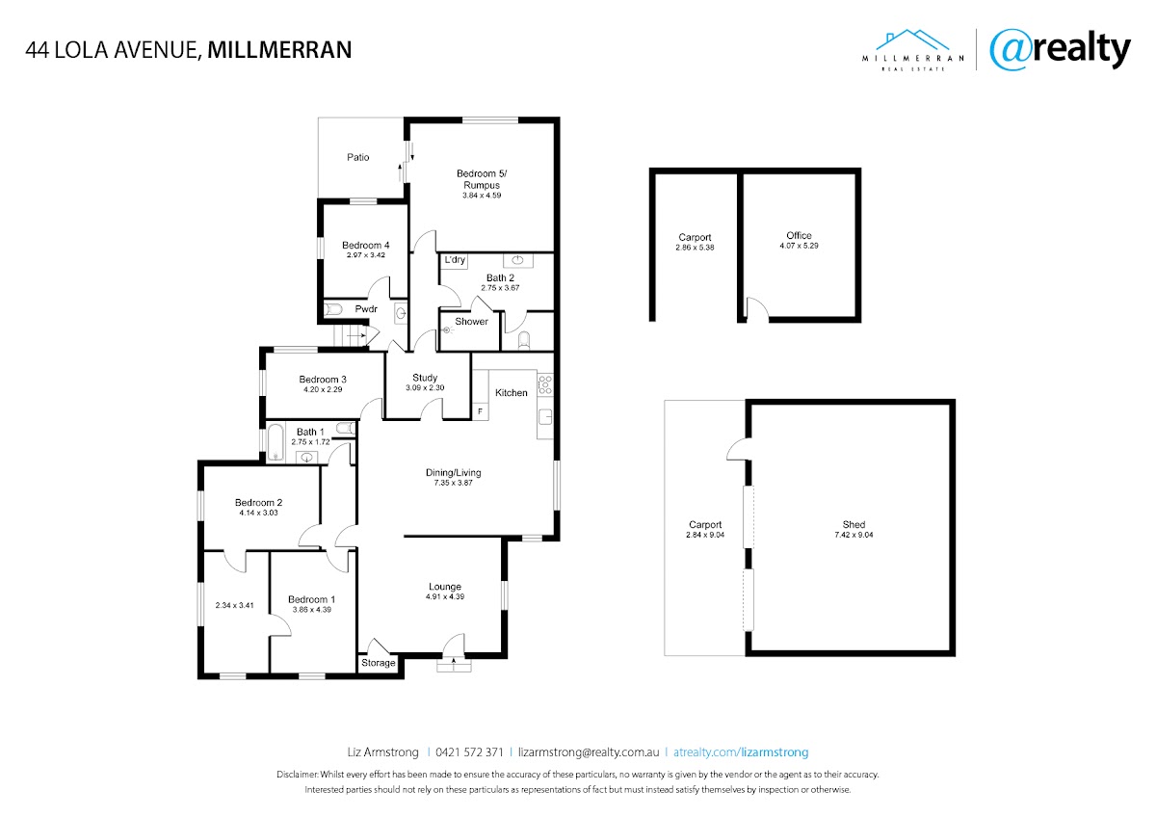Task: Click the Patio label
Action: click(357, 157)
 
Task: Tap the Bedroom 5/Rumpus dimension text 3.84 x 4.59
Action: click(482, 196)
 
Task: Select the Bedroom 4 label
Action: click(365, 245)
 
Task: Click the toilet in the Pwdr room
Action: click(333, 309)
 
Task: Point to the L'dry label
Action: click(455, 259)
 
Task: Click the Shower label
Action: click(471, 322)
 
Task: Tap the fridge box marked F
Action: click(481, 411)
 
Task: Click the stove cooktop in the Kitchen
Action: click(545, 384)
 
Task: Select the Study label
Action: click(425, 378)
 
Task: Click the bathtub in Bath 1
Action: click(276, 442)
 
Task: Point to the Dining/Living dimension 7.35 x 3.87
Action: click(453, 483)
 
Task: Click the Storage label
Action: click(379, 663)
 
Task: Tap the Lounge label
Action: click(445, 587)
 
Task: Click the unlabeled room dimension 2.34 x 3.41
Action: click(234, 605)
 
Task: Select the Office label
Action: click(799, 235)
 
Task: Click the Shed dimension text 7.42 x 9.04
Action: click(854, 536)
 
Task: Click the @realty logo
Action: click(1060, 49)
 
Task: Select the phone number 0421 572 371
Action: click(469, 752)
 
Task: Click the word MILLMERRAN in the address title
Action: click(279, 50)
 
